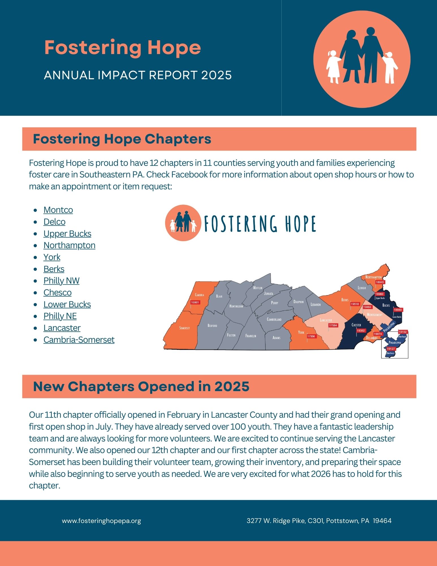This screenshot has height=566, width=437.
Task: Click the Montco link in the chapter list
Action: (x=58, y=210)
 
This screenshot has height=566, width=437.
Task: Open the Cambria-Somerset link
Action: (x=79, y=340)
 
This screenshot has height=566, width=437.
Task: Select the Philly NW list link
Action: (x=61, y=281)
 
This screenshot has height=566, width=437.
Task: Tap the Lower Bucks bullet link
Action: (x=67, y=304)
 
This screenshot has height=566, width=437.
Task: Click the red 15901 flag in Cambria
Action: (x=195, y=303)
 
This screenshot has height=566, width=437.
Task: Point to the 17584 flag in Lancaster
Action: (x=333, y=325)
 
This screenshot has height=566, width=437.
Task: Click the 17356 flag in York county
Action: (x=311, y=336)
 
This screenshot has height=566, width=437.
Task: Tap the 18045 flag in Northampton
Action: (x=380, y=282)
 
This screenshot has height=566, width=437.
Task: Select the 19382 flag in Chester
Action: (x=361, y=331)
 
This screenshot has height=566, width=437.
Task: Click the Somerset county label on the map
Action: (x=184, y=328)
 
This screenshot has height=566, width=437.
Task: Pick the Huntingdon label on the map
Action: (x=236, y=306)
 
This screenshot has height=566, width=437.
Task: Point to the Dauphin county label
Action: (x=298, y=302)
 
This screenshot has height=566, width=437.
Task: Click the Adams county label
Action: (x=276, y=338)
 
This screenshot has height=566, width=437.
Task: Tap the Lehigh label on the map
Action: (x=362, y=288)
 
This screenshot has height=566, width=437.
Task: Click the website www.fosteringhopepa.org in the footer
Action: (x=101, y=521)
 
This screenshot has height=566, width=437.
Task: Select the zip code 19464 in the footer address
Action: (x=382, y=521)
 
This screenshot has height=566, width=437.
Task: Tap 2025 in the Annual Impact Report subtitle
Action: (x=216, y=75)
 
